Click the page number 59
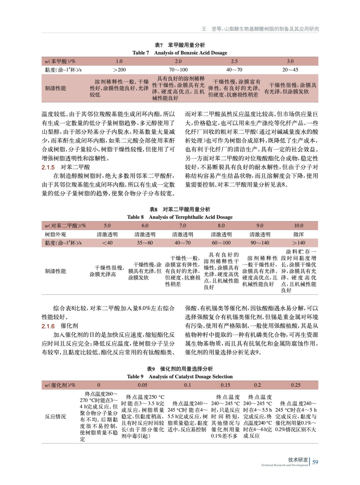315,462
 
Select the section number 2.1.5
48,167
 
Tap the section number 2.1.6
48,326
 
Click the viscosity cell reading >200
119,70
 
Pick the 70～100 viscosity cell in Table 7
178,70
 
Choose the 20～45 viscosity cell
290,70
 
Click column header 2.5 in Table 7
234,61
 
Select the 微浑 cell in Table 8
298,234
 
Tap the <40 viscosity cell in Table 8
107,243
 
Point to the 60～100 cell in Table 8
221,243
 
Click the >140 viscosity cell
298,243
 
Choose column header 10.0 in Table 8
298,226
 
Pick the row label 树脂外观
56,234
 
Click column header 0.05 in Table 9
143,385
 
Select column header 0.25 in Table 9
296,385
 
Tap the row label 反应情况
56,416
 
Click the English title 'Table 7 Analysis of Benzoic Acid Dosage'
180,53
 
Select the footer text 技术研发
298,460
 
